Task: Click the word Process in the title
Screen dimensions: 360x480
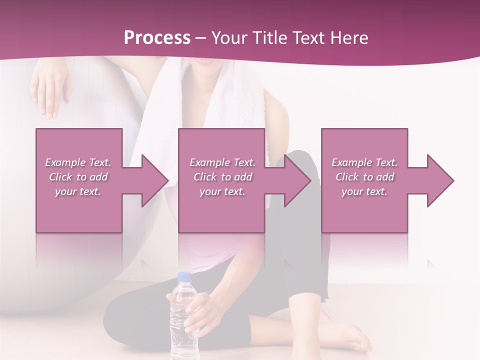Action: point(157,38)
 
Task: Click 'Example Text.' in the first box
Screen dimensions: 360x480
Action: point(78,162)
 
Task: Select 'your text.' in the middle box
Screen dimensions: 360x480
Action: point(222,191)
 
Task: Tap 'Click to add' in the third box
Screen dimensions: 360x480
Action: point(365,177)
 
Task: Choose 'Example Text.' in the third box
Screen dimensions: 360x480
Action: point(365,162)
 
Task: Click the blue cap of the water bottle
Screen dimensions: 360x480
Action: point(184,276)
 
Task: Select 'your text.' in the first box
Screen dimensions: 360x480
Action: point(78,191)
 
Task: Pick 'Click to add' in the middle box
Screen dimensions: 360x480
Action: point(222,177)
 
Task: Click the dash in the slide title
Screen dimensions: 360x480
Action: point(201,38)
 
